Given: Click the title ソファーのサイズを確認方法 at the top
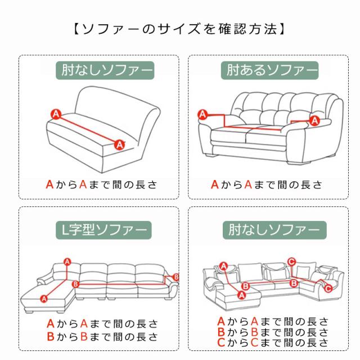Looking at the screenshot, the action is (x=179, y=29).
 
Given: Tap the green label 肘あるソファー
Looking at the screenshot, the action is (x=269, y=70).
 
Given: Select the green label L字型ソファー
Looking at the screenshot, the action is (x=103, y=230).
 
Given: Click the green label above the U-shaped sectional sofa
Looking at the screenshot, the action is (x=274, y=230).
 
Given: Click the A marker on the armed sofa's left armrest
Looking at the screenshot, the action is (x=202, y=114).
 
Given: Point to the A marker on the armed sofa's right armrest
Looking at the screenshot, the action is (x=314, y=120).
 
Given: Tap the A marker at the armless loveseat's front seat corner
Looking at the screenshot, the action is (x=120, y=145).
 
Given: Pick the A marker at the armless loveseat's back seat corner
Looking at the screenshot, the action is (x=56, y=114).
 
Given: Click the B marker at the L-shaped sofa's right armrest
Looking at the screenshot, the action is (x=175, y=277).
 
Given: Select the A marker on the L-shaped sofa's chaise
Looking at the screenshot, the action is (x=44, y=299).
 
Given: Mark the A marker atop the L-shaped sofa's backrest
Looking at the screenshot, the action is (x=67, y=262).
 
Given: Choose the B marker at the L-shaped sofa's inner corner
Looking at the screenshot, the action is (x=75, y=284).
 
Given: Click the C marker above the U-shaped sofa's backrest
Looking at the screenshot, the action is (x=291, y=262).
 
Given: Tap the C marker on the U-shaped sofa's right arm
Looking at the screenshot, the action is (x=328, y=289).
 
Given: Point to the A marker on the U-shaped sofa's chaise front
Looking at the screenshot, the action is (x=241, y=295).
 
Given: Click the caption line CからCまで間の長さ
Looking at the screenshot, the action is (x=273, y=343).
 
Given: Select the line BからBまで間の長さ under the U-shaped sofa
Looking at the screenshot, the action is (x=273, y=332).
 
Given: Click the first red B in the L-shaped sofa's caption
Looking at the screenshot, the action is (x=50, y=336).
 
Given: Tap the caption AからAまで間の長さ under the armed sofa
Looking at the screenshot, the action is (x=267, y=184).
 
